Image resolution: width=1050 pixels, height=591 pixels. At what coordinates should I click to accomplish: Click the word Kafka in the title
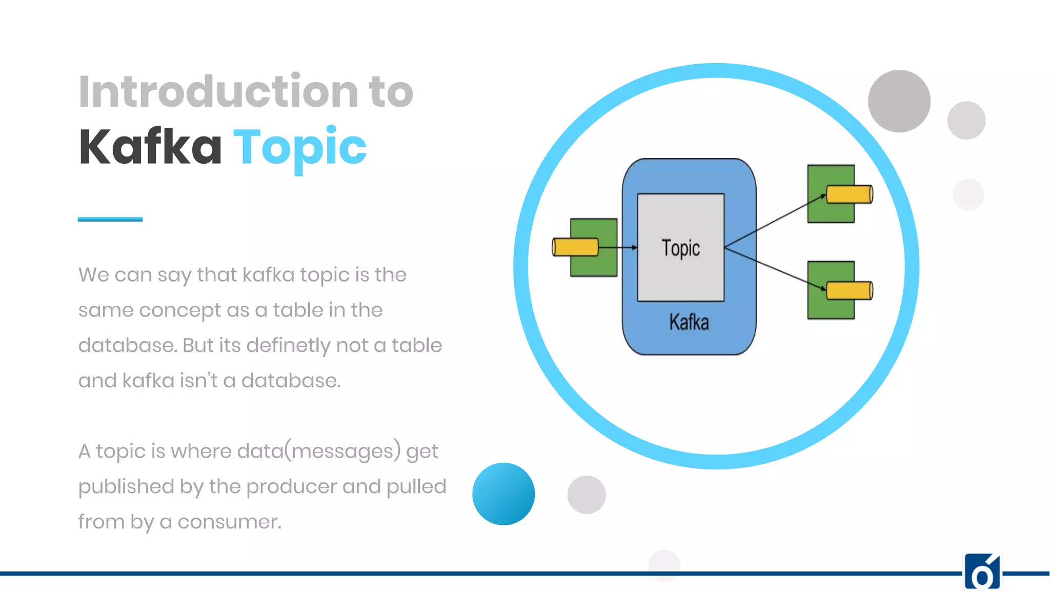[150, 148]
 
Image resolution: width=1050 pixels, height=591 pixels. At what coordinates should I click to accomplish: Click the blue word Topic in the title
[300, 148]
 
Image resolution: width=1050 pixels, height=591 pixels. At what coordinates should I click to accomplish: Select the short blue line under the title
[110, 219]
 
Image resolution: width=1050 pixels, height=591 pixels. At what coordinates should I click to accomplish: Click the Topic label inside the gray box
[680, 248]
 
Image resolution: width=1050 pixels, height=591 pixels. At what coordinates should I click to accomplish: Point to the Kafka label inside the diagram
[689, 323]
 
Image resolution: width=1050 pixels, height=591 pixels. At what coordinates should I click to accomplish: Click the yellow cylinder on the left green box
[575, 247]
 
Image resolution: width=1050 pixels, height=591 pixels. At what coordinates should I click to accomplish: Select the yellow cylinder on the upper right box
[849, 194]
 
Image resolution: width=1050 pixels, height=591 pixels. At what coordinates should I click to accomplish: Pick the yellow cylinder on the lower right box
[849, 290]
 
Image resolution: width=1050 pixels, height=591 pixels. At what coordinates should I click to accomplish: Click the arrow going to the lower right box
[774, 268]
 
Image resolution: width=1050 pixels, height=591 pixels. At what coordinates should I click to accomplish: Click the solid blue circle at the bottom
[503, 494]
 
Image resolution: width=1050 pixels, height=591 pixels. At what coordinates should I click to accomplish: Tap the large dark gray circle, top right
[899, 101]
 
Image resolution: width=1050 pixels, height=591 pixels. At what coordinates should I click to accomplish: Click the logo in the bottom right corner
[982, 572]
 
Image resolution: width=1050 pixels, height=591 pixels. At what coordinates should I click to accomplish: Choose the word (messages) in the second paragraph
[342, 451]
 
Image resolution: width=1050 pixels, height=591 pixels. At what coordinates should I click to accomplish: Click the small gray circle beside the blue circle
[587, 495]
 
